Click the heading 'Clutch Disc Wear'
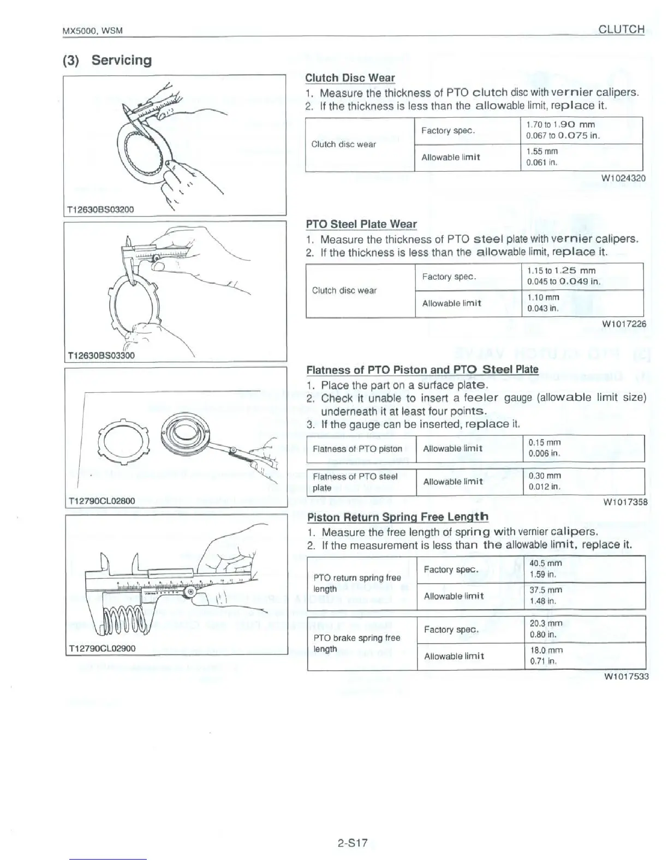[x=350, y=78]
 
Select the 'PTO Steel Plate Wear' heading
[x=361, y=224]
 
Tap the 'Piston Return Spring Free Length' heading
[x=398, y=517]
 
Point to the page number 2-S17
[x=352, y=844]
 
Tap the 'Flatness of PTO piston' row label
[x=357, y=449]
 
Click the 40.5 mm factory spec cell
[x=546, y=563]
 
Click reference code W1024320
[x=623, y=178]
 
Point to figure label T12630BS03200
[x=100, y=209]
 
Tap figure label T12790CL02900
[x=102, y=649]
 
